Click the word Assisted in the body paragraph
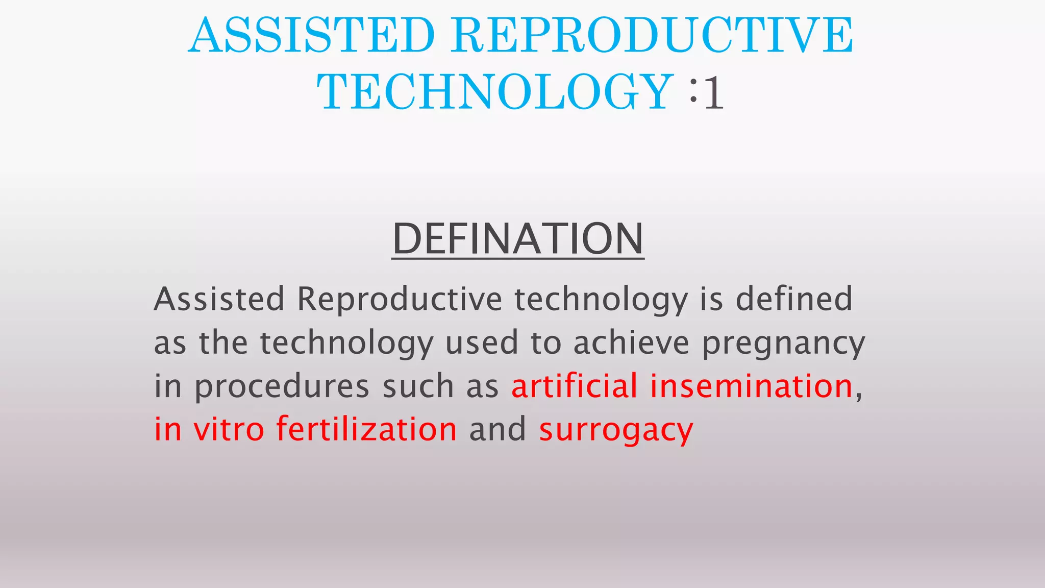(x=219, y=299)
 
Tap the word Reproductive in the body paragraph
(x=400, y=299)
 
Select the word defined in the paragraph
(x=794, y=299)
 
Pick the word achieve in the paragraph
(x=631, y=342)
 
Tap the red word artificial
(x=575, y=386)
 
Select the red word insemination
(x=751, y=386)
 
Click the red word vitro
(x=229, y=429)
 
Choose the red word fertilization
(x=366, y=429)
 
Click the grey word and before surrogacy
(x=497, y=429)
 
